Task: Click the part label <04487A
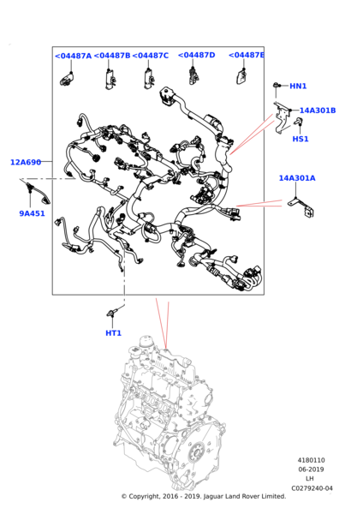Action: coord(73,56)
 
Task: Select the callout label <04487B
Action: coord(112,56)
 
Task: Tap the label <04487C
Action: coord(151,56)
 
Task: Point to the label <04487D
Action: coord(197,55)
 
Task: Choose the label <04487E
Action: coord(246,55)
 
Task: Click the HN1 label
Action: coord(298,87)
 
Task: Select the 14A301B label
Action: coord(318,111)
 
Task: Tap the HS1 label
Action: coord(301,139)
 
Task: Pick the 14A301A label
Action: coord(297,178)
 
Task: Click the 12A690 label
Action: coord(26,162)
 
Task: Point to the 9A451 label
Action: coord(33,213)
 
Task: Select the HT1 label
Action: coord(113,333)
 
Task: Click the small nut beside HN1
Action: coord(277,85)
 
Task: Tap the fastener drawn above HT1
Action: coord(112,313)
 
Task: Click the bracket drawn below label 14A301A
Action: coord(301,207)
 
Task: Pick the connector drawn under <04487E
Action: coord(241,78)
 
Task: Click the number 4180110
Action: coord(312,460)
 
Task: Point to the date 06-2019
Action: coord(312,469)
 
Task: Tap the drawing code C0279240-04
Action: coord(312,488)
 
